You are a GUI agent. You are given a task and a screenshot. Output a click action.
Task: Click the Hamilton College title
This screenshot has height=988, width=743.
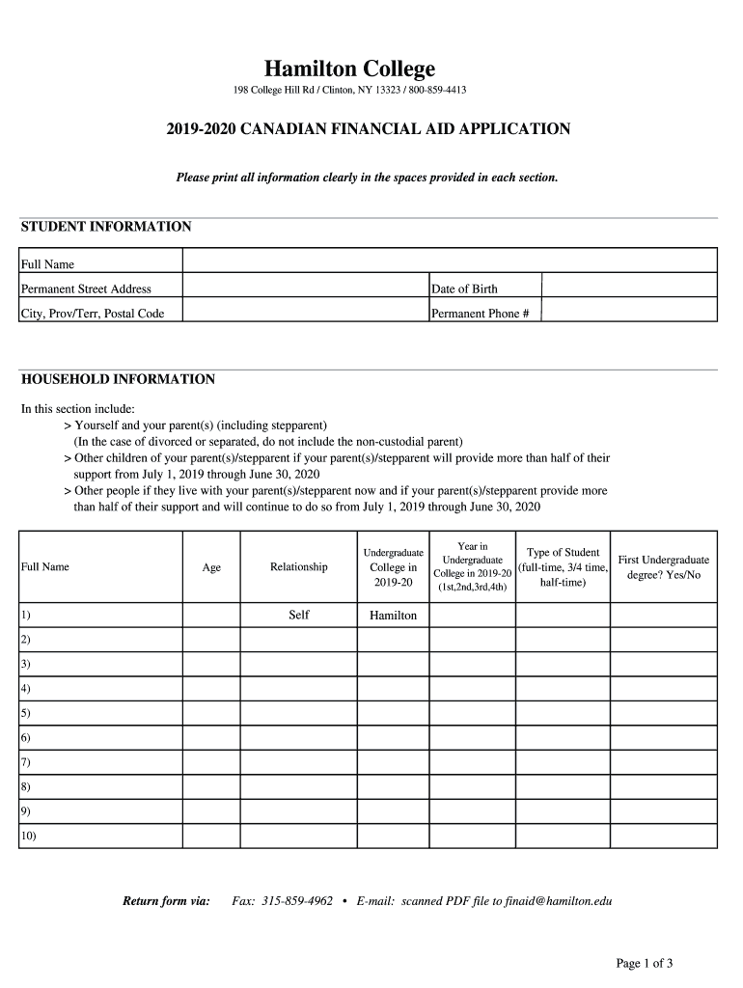350,69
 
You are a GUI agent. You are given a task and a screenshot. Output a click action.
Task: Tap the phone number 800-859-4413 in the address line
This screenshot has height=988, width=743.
435,91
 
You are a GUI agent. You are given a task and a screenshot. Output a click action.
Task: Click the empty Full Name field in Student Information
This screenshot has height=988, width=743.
450,261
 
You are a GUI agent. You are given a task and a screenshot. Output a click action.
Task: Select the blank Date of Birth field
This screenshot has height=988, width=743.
629,286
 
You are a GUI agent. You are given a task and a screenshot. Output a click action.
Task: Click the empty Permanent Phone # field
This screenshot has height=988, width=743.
629,311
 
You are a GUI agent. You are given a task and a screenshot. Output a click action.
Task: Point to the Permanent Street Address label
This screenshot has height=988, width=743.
86,288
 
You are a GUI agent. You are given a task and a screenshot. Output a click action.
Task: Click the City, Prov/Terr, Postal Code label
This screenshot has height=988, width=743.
93,314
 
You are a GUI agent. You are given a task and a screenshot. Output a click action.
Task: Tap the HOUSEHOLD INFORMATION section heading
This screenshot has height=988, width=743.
118,379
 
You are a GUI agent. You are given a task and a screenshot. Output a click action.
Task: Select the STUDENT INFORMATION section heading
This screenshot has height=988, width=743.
106,227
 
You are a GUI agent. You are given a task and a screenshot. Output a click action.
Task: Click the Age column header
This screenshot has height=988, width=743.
211,567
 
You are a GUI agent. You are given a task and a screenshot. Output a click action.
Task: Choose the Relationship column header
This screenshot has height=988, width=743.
298,567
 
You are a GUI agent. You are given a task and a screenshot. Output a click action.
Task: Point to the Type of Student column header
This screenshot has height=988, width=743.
563,567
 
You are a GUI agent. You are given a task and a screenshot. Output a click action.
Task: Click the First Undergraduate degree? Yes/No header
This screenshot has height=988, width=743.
663,567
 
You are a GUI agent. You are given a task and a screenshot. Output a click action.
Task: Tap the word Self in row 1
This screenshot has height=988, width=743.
299,615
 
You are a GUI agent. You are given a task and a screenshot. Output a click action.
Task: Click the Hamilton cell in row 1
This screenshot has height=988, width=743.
394,616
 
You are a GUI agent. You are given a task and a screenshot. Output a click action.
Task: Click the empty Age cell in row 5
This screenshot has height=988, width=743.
211,713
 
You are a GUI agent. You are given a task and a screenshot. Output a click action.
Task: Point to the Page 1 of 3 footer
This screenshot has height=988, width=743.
645,963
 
